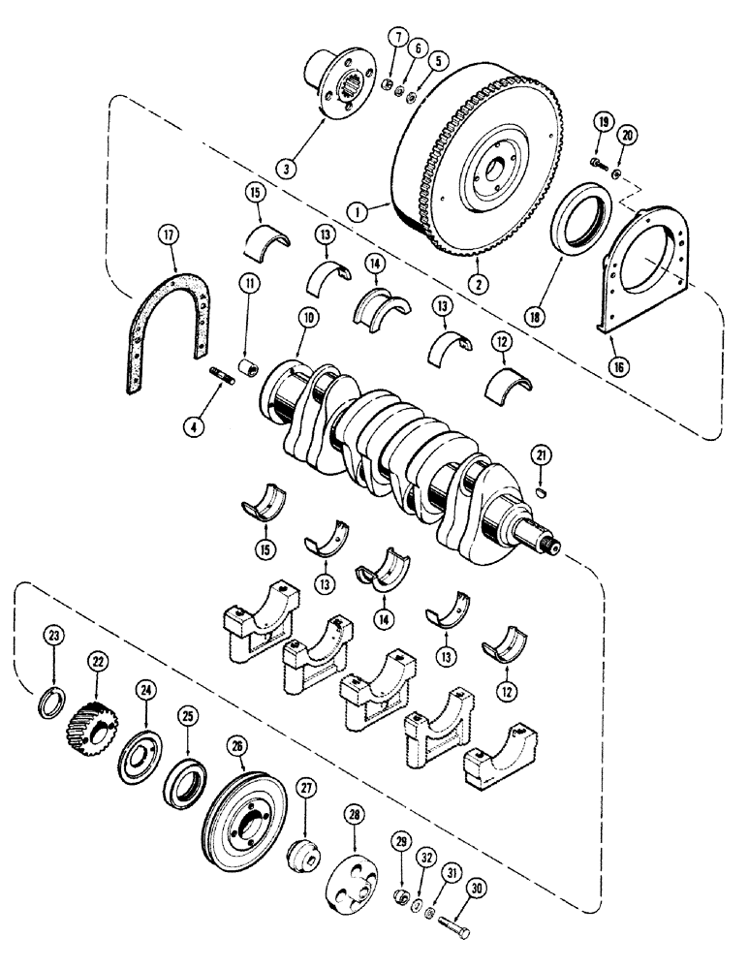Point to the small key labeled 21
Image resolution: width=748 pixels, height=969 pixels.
point(544,492)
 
